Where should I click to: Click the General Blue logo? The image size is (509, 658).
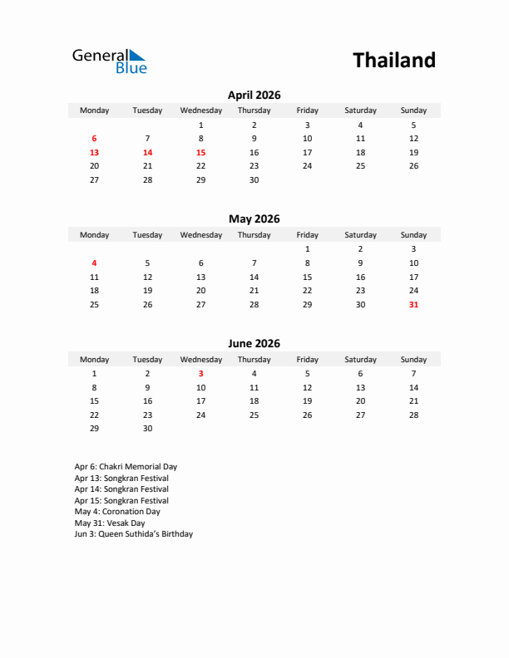coord(109,61)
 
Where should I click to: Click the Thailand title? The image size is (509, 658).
coord(393,61)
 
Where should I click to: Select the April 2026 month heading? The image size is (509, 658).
coord(254,95)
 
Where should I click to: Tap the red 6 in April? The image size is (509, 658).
coord(94,139)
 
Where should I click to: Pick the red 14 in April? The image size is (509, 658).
coord(147,153)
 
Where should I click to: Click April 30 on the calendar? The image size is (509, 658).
coord(254,180)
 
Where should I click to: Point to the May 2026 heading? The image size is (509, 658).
coord(254,219)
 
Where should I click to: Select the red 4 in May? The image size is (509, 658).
coord(94,263)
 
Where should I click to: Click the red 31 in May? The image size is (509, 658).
coord(413,305)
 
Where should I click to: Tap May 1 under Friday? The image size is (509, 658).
coord(307,249)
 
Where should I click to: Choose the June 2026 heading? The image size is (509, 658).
coord(254,344)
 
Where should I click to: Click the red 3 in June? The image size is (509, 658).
coord(200,374)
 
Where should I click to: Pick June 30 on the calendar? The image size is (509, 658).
coord(147,429)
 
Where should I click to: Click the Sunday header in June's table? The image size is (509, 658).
coord(413,360)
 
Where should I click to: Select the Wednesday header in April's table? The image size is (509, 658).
coord(200,110)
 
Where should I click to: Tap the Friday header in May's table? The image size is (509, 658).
coord(307,235)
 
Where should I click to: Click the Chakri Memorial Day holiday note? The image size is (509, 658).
coord(126,467)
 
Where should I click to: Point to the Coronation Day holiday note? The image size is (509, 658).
coord(117,512)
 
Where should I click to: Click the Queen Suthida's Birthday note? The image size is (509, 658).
coord(133,534)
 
